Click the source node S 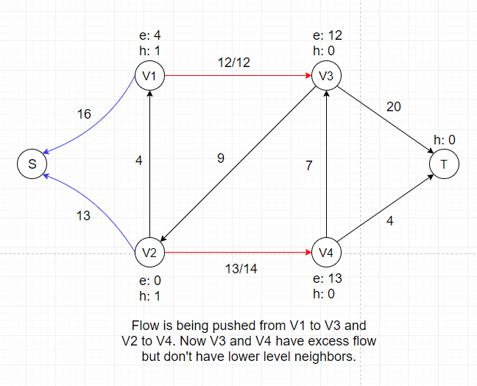32,164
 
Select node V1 150,75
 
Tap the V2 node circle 150,253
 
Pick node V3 326,75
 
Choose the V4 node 326,253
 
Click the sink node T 445,164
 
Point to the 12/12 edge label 235,63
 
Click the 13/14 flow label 241,268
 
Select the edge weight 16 84,114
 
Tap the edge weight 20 394,108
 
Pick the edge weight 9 221,157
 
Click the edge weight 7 310,166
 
